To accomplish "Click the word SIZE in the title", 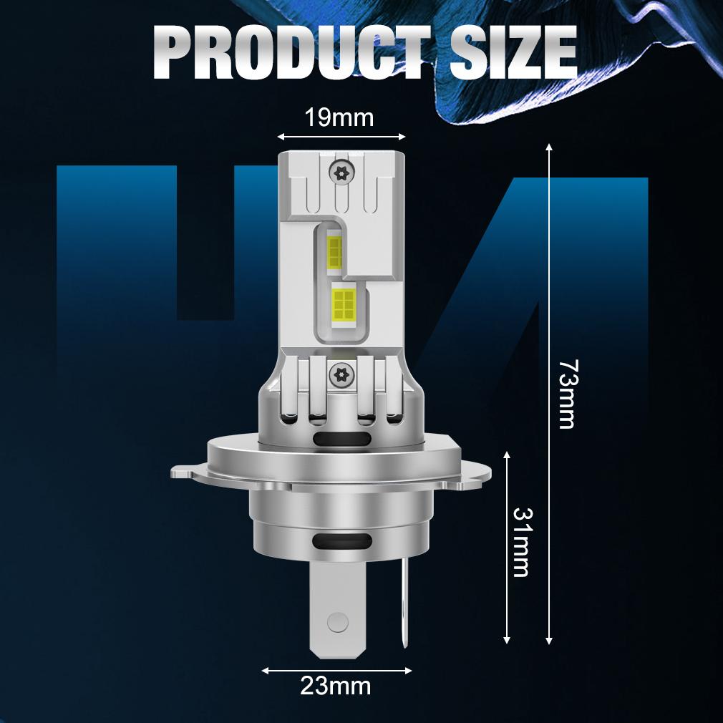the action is [x=513, y=52].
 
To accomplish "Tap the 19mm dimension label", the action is [x=339, y=117].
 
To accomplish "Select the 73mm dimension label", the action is [x=567, y=394].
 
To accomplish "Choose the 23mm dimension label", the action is [x=336, y=686].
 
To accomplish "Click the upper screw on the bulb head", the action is [x=341, y=173].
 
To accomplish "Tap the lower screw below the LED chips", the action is [x=341, y=374].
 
